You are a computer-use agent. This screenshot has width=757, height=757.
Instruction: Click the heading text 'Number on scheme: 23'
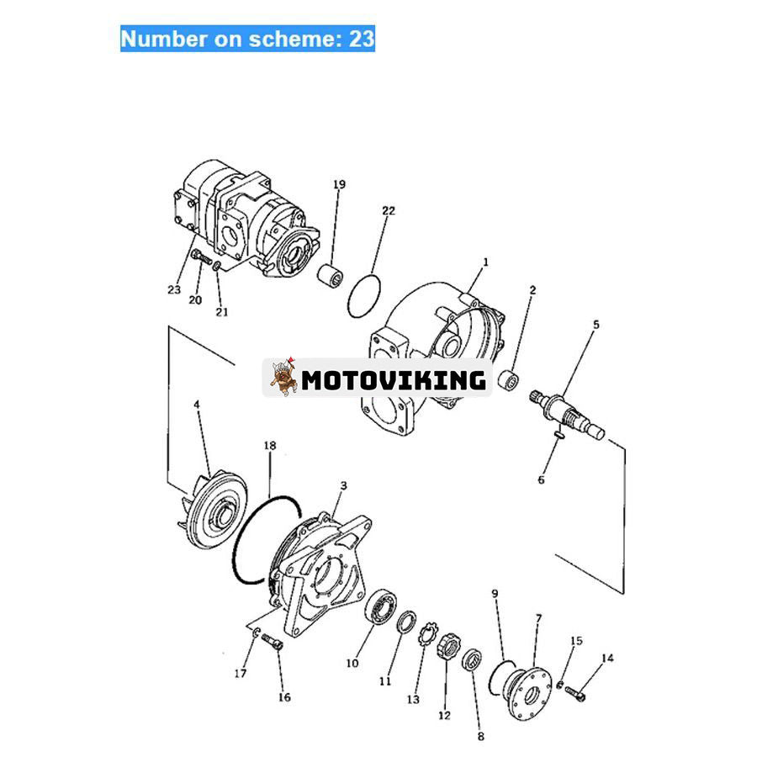point(247,39)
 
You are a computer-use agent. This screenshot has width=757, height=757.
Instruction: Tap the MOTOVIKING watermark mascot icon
point(283,378)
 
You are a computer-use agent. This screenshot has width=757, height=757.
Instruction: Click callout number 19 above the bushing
point(339,185)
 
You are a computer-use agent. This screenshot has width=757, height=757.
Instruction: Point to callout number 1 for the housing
point(485,263)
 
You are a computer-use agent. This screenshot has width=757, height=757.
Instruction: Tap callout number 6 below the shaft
point(542,479)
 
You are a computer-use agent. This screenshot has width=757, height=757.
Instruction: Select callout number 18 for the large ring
point(269,445)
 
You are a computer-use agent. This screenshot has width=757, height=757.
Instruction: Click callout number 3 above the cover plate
point(343,486)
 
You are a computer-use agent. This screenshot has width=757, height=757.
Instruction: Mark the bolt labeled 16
point(273,644)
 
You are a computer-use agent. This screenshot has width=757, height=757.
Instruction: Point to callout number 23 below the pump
point(174,291)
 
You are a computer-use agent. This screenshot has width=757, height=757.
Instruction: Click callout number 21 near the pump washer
point(221,312)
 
